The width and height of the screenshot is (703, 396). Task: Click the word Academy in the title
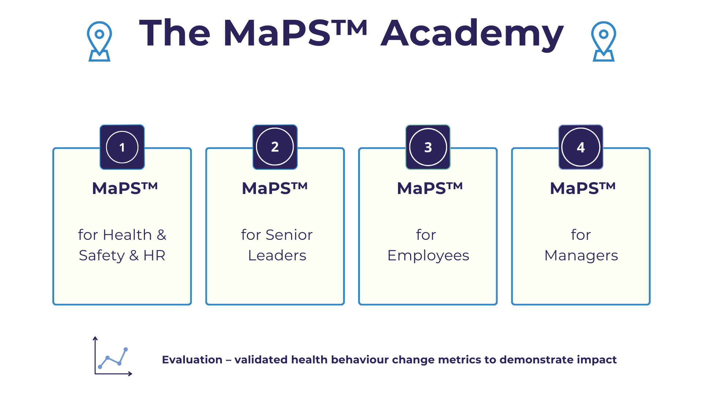click(x=472, y=34)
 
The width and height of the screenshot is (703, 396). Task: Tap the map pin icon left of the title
click(x=99, y=41)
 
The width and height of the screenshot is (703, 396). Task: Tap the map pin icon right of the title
click(x=603, y=41)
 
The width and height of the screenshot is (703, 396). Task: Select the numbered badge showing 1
click(x=122, y=147)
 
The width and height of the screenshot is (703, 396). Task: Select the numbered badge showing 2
click(x=275, y=147)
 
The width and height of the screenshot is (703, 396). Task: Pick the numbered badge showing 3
click(x=428, y=147)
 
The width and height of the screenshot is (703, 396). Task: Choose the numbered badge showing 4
click(x=581, y=147)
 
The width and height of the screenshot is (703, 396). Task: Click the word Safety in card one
click(x=101, y=256)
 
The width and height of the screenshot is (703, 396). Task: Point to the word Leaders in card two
click(x=277, y=256)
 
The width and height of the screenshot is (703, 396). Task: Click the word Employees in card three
click(x=428, y=256)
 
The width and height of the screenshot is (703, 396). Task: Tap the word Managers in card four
click(x=581, y=256)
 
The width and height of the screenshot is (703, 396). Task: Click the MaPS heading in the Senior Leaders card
click(x=275, y=188)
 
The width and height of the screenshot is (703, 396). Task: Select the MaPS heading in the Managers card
click(x=583, y=188)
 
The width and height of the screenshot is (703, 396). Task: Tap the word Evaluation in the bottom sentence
click(x=192, y=360)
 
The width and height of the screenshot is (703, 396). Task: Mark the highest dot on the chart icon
click(x=126, y=349)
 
